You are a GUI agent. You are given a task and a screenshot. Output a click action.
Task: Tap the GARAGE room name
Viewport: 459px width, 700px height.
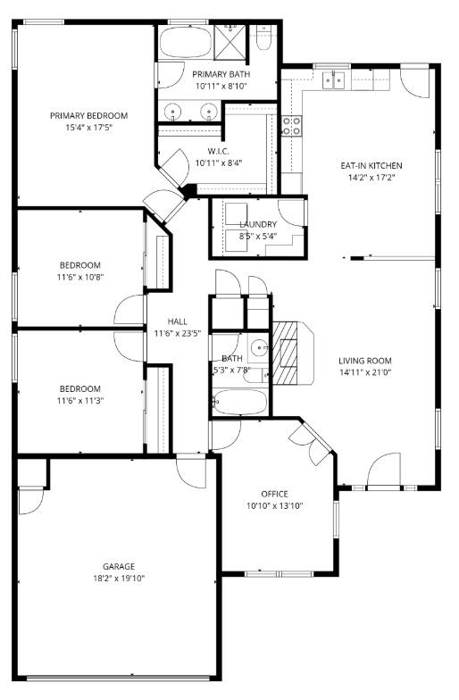[x=118, y=566]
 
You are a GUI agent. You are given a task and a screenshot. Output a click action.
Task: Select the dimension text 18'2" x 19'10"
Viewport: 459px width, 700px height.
[x=118, y=579]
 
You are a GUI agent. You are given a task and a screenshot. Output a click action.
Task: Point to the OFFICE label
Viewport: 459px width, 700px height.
[x=274, y=494]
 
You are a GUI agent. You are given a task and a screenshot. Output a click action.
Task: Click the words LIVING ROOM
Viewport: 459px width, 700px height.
[x=364, y=360]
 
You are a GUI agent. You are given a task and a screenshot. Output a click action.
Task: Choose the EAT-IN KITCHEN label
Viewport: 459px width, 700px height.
[x=371, y=165]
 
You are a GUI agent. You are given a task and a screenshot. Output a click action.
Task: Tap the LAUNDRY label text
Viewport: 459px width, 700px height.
[x=257, y=224]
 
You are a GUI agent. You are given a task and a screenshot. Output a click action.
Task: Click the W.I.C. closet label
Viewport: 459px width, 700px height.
[x=221, y=150]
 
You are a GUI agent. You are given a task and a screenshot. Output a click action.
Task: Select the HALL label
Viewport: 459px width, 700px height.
[x=177, y=321]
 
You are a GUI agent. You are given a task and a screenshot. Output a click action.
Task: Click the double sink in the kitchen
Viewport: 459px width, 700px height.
[x=333, y=81]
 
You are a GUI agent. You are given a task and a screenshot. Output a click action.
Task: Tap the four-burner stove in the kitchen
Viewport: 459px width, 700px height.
[x=292, y=125]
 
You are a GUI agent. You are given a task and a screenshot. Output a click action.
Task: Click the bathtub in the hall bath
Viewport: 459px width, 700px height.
[x=240, y=403]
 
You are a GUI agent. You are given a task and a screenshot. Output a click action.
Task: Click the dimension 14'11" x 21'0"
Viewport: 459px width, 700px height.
[x=364, y=372]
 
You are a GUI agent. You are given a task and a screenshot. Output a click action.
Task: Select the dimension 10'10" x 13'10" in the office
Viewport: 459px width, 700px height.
[x=274, y=506]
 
